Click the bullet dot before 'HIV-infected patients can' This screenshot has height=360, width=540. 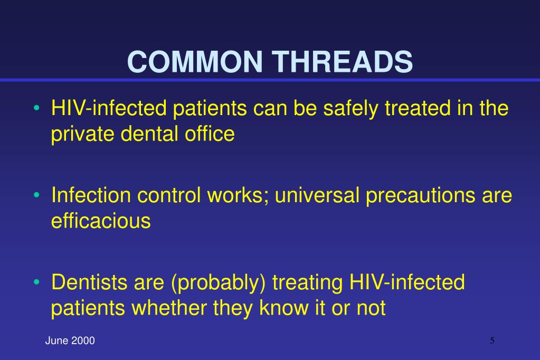click(36, 109)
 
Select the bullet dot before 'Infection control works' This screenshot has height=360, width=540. click(36, 196)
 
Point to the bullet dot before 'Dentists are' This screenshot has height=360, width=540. click(36, 283)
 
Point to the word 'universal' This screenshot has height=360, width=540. click(315, 195)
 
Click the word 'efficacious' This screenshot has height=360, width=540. click(101, 220)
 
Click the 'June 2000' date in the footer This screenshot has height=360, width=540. click(70, 341)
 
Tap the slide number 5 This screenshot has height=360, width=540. click(492, 340)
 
